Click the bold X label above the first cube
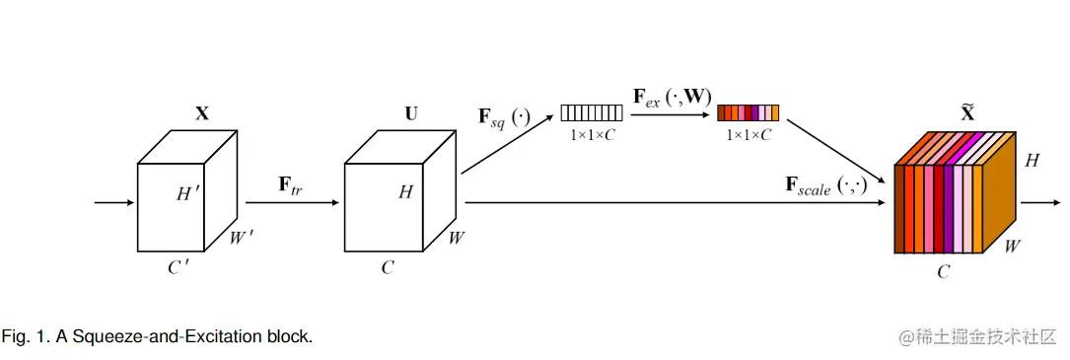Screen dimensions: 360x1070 (x=202, y=113)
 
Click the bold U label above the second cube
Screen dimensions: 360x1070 (x=410, y=113)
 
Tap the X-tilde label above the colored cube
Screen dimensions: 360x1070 (x=967, y=111)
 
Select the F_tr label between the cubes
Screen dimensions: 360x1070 (x=290, y=185)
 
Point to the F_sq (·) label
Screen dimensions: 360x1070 (x=504, y=118)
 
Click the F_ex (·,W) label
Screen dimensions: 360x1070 (x=672, y=98)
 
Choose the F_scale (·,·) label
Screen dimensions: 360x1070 (x=825, y=185)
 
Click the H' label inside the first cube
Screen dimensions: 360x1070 (x=188, y=194)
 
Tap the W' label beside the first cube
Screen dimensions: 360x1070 (x=243, y=239)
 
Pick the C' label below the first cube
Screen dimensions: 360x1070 (x=178, y=267)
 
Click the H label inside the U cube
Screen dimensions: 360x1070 (x=405, y=192)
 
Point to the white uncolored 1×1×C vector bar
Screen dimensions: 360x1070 (x=592, y=112)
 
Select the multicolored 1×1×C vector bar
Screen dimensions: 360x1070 (x=749, y=112)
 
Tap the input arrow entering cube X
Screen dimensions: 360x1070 (x=113, y=203)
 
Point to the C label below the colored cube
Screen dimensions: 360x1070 (x=943, y=272)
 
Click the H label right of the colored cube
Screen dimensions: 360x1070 (x=1032, y=160)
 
